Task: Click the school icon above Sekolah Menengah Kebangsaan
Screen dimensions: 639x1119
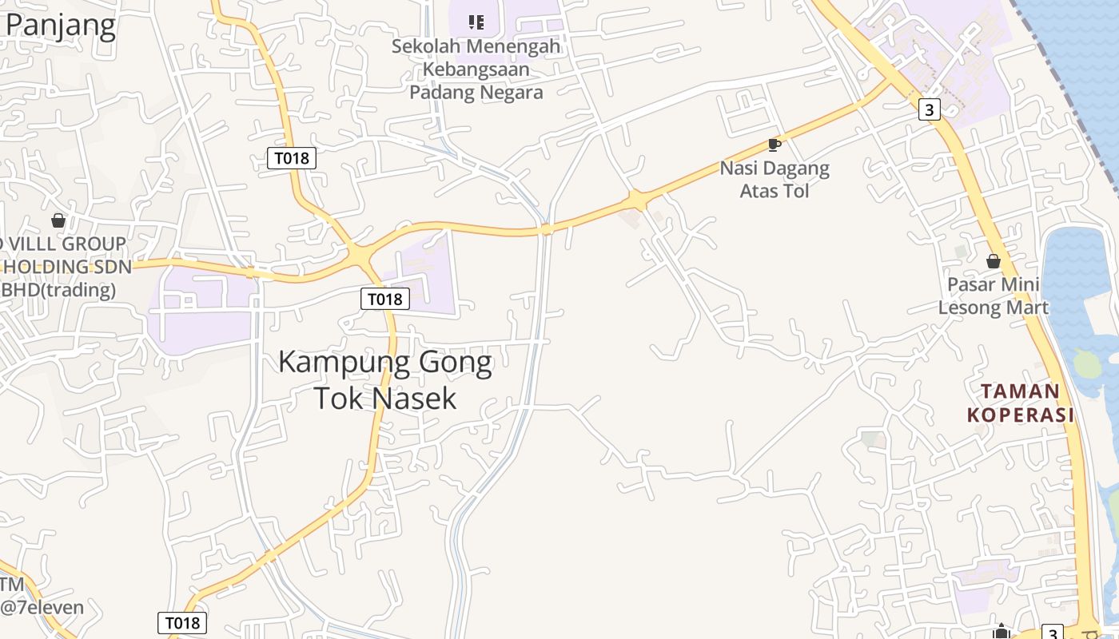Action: coord(476,22)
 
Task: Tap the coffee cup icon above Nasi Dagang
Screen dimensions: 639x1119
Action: coord(774,145)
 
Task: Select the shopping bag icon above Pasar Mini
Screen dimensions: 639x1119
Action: coord(993,261)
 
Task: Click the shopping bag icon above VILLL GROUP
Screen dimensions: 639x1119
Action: coord(58,220)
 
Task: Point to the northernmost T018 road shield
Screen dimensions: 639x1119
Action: coord(292,158)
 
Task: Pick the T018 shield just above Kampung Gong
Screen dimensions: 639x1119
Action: coord(384,299)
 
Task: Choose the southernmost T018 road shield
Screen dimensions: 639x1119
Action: coord(182,623)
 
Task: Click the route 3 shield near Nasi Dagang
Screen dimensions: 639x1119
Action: coord(929,109)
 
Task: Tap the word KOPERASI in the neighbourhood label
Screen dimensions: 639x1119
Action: coord(1020,415)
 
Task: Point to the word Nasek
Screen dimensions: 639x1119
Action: coord(417,398)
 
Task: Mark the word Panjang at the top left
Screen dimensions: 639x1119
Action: coord(61,26)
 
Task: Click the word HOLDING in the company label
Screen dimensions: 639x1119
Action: coord(54,266)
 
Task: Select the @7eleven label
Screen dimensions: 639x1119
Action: coord(42,607)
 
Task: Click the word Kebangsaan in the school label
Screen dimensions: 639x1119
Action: coord(476,69)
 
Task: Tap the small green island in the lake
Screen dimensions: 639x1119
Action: coord(1086,363)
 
